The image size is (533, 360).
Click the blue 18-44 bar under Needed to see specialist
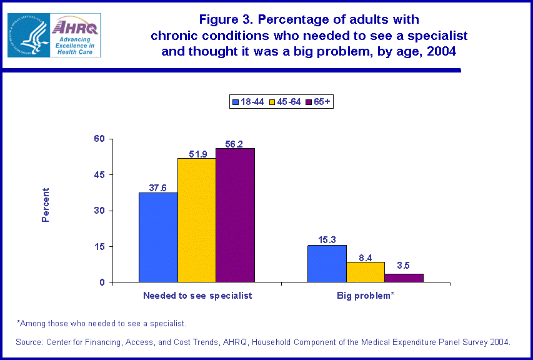[158, 237]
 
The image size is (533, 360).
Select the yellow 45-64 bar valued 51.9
[196, 220]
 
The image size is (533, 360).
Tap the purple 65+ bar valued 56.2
[235, 215]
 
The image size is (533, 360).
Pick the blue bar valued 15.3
[327, 264]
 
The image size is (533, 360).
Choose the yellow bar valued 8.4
[366, 272]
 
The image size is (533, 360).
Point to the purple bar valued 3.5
[404, 278]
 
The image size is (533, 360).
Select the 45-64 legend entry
[285, 101]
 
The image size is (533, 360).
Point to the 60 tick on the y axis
[99, 139]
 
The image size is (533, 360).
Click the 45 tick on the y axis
[99, 175]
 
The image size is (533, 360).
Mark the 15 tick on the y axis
[99, 247]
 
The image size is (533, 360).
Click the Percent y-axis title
[46, 205]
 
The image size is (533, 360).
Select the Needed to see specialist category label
[197, 296]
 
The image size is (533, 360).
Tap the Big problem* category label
[366, 296]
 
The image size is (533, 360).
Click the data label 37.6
[158, 186]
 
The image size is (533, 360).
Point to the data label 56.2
[235, 142]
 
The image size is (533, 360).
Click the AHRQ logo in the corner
[53, 35]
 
